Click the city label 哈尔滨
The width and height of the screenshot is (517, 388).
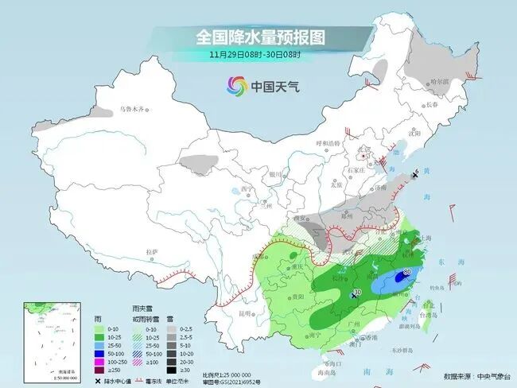(x=461, y=82)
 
